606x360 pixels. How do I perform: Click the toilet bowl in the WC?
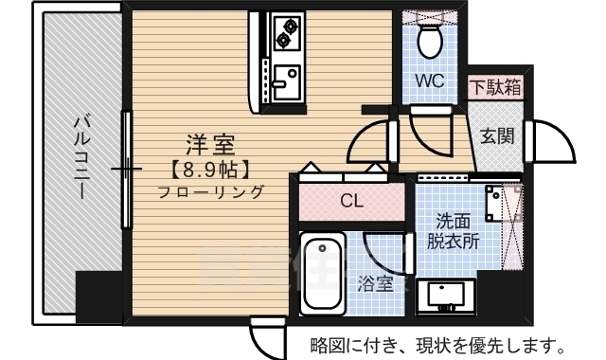(430, 42)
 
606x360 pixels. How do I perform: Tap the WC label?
(429, 81)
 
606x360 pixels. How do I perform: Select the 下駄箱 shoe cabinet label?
(496, 86)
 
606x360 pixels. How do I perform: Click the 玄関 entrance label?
(497, 136)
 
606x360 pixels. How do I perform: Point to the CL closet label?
(351, 201)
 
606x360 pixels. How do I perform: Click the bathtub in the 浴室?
(323, 274)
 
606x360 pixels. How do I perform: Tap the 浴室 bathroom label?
(375, 284)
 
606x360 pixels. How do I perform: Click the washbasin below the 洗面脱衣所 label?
(446, 295)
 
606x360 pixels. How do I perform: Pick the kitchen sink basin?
(286, 82)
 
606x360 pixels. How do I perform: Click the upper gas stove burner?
(290, 27)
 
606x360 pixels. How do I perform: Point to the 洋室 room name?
(210, 144)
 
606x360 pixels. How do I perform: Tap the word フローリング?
(211, 191)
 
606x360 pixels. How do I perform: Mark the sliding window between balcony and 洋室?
(126, 170)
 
